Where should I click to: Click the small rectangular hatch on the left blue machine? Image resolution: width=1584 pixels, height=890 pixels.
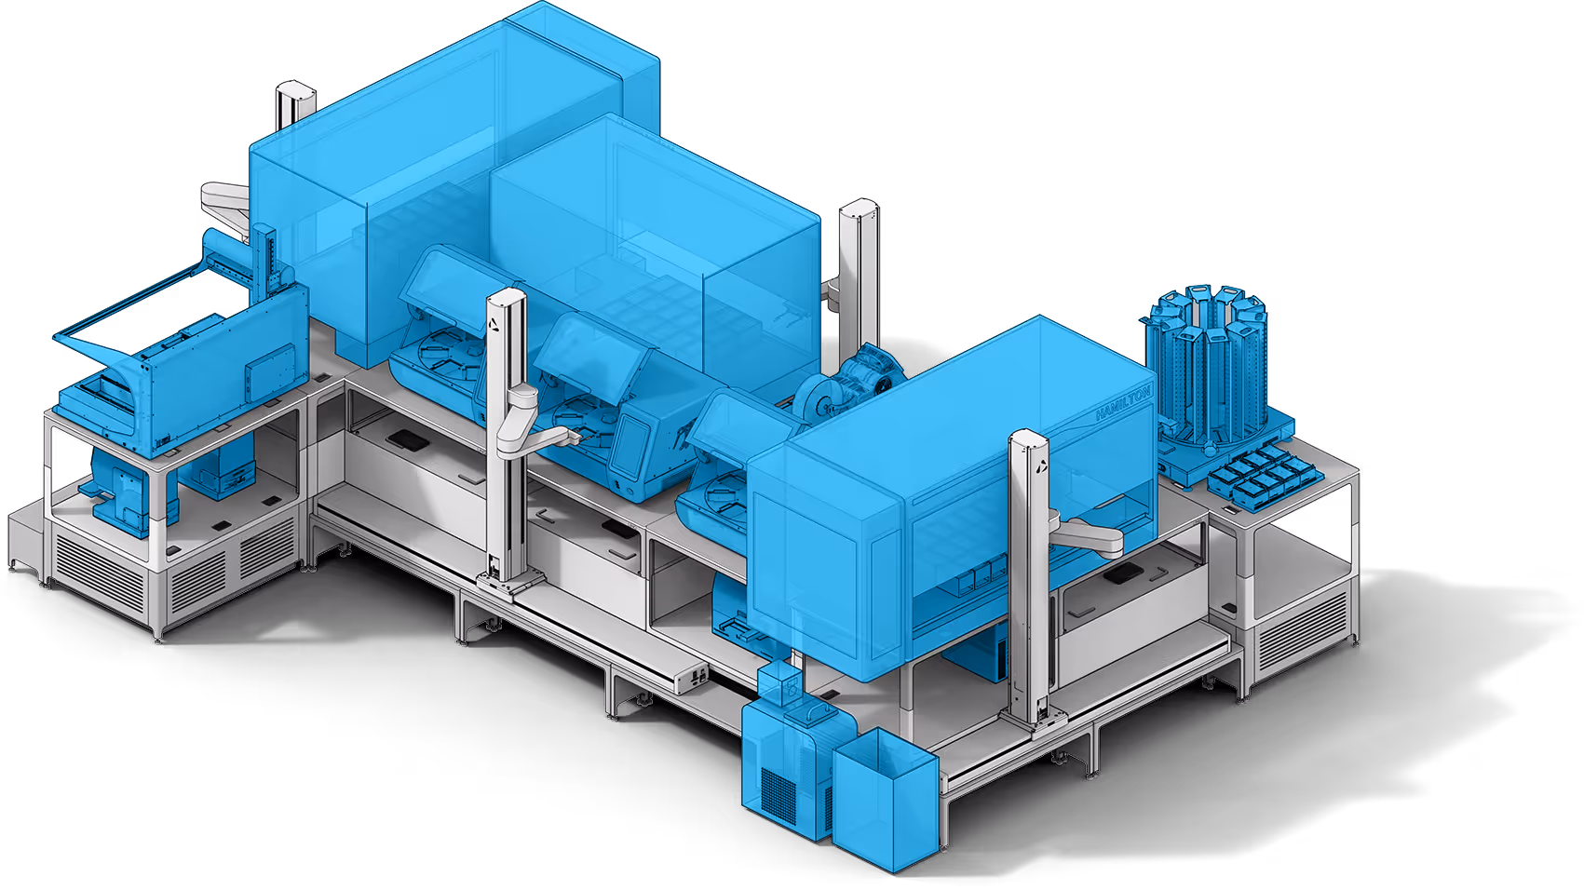tap(264, 371)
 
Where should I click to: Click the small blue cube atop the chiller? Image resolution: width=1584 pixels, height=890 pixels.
tap(780, 680)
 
